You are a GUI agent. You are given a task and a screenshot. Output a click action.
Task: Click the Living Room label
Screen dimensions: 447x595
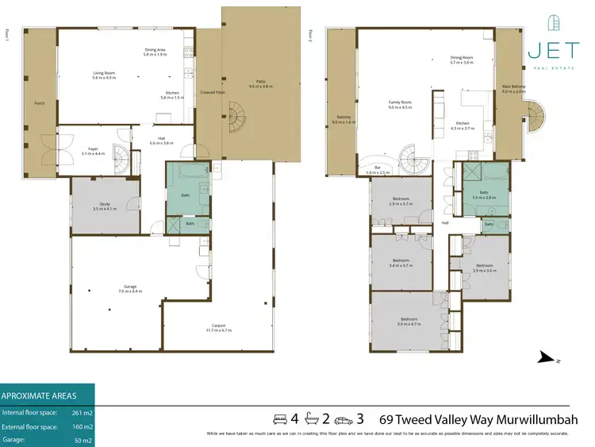coord(105,75)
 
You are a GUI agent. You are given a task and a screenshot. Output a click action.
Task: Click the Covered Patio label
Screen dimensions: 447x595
coord(213,93)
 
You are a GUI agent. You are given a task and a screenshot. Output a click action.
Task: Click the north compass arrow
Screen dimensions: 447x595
coord(547,359)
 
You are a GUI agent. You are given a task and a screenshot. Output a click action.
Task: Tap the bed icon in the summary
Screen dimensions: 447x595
coord(279,418)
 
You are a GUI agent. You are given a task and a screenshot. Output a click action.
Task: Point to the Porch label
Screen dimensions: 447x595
coord(38,104)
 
